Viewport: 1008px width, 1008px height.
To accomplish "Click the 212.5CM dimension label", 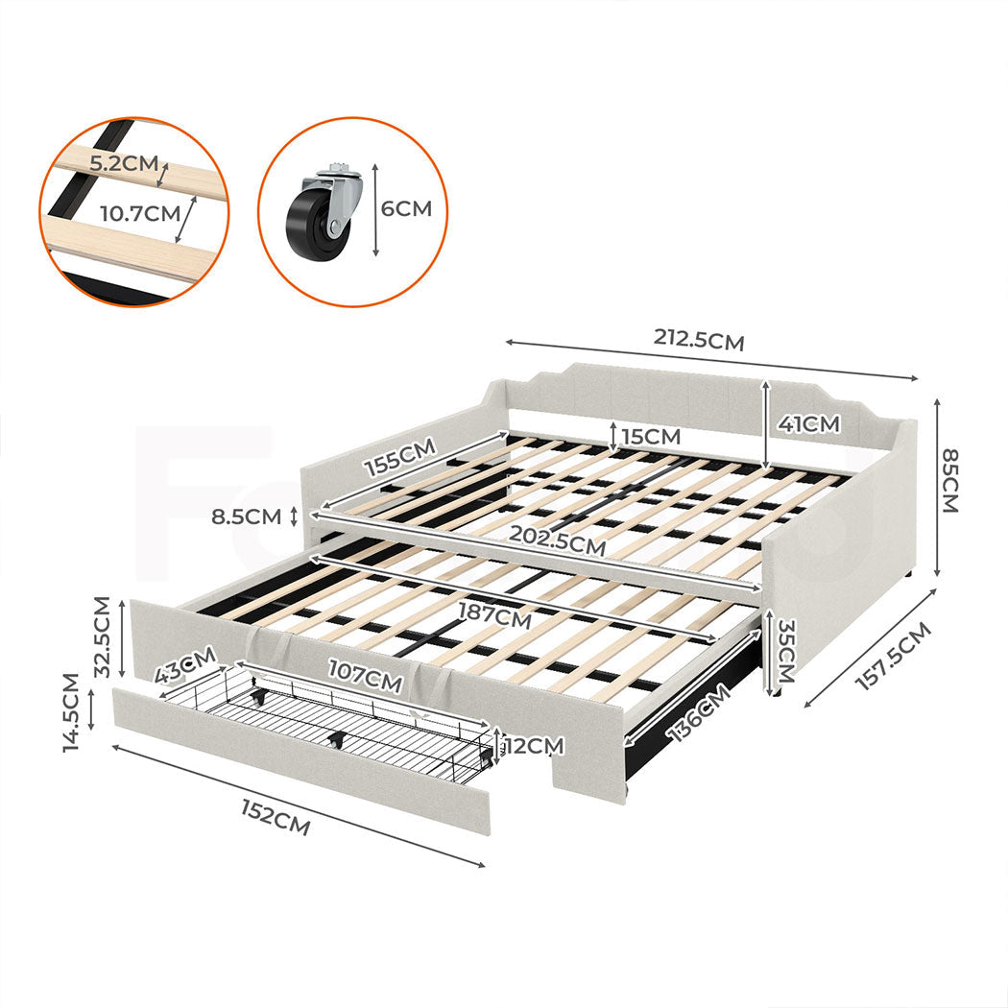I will (699, 339).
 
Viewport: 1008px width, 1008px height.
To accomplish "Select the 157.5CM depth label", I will (892, 657).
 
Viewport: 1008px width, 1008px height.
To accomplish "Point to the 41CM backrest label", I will (808, 423).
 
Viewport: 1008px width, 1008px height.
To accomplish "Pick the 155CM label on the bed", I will (398, 456).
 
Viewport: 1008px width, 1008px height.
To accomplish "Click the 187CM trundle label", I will (493, 615).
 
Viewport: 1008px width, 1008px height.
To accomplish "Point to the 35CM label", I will (786, 645).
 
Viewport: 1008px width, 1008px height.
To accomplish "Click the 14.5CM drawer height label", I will (71, 712).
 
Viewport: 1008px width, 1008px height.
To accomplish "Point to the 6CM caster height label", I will (407, 208).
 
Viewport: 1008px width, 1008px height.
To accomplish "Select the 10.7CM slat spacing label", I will (140, 213).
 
